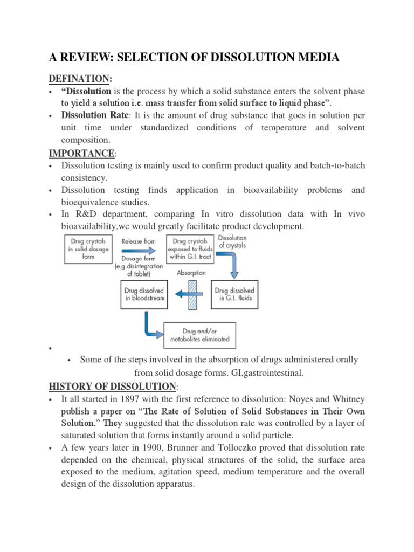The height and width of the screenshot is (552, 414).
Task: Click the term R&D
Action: coord(87,215)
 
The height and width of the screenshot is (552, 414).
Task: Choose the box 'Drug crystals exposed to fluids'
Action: coord(189,249)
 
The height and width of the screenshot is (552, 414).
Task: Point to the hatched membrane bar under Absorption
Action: coord(192,294)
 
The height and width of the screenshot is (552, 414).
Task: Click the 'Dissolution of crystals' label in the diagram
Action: coord(233,241)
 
